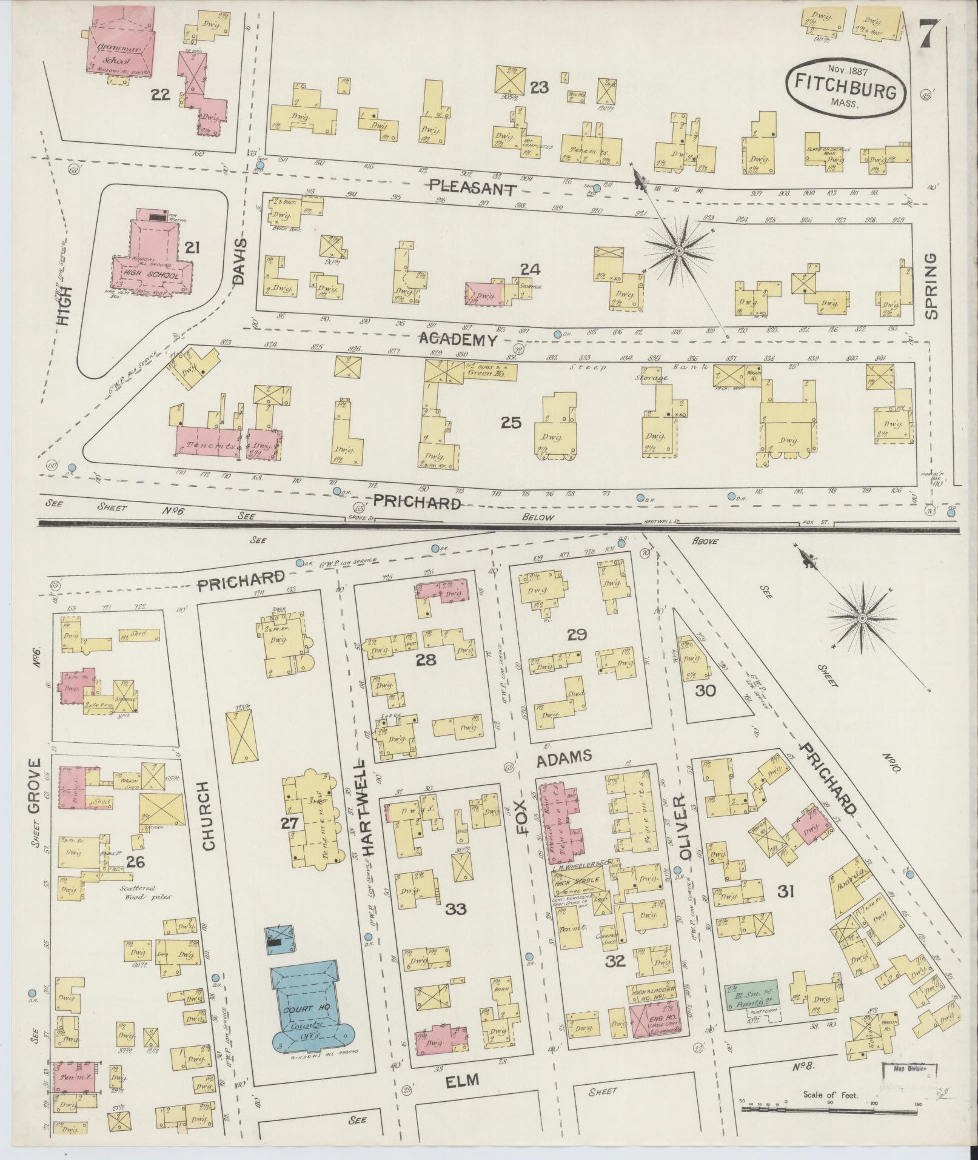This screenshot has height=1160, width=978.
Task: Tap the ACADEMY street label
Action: coord(458,340)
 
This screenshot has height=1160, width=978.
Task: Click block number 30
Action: coord(706,690)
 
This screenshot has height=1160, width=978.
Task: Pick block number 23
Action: coord(538,88)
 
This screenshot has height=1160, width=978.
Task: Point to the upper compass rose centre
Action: coord(680,250)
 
